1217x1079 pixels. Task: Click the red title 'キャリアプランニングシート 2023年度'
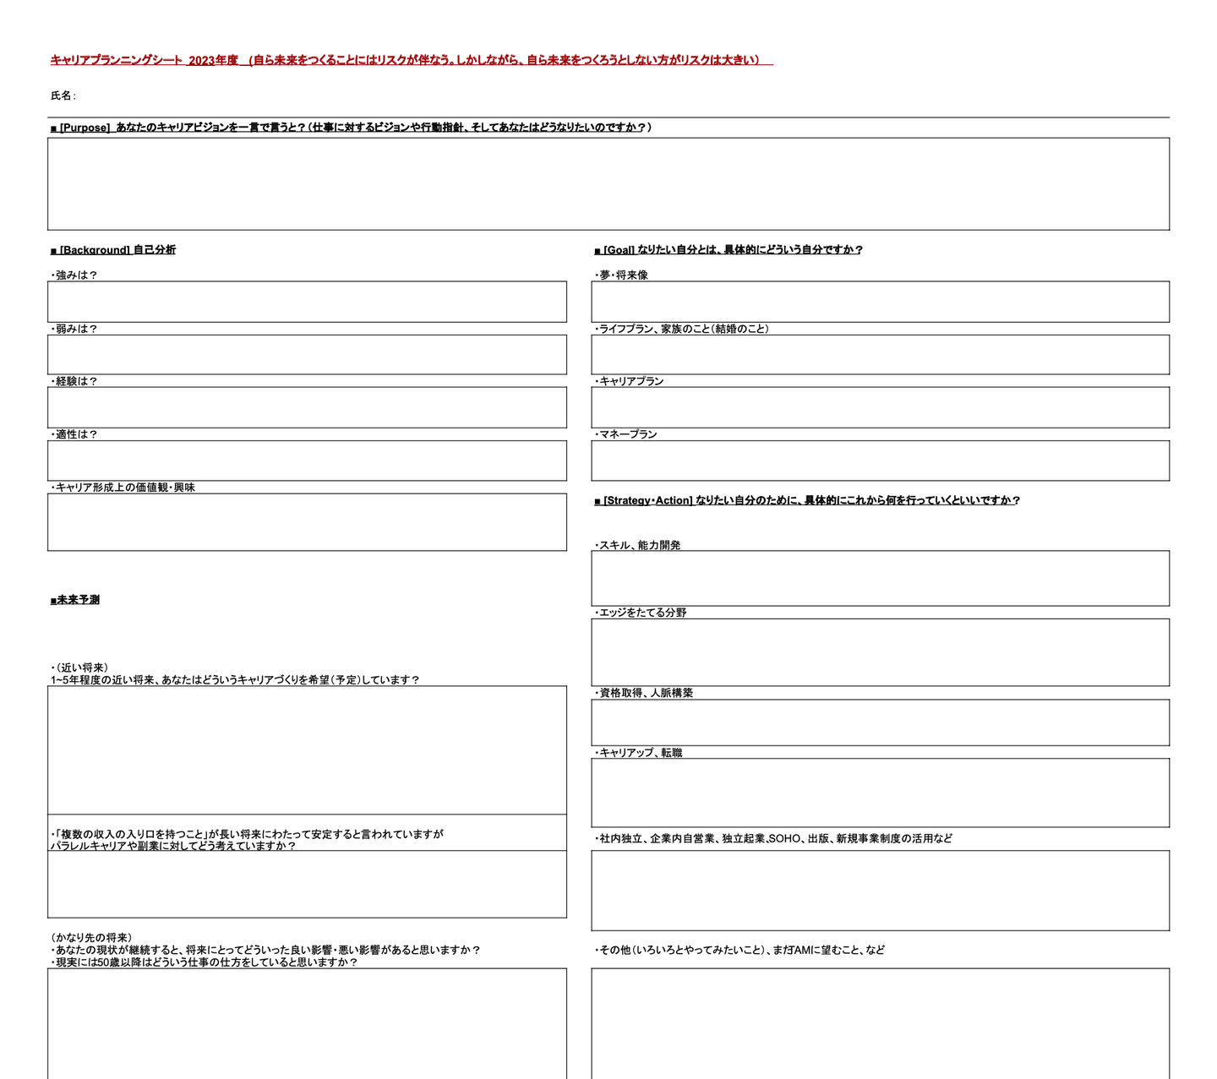[x=144, y=60]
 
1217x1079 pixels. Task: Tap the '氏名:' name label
[x=63, y=96]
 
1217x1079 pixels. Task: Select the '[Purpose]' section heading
[x=85, y=128]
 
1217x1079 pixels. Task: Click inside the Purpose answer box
[x=608, y=183]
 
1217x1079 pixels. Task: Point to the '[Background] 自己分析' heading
[x=113, y=250]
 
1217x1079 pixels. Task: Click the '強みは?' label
[x=74, y=275]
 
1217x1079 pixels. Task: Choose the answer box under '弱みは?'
[x=307, y=355]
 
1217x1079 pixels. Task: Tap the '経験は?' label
[x=74, y=381]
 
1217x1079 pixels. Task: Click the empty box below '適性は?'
[x=307, y=460]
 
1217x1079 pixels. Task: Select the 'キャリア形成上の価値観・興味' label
[x=123, y=488]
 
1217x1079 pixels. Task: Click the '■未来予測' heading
[x=75, y=600]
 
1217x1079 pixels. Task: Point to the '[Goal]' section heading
[x=619, y=250]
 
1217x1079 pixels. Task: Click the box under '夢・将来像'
[x=880, y=302]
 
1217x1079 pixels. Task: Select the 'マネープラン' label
[x=626, y=434]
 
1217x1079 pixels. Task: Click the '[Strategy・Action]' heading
[x=647, y=500]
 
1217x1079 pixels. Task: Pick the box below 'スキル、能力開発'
[x=880, y=578]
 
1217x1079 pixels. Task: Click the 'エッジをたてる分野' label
[x=641, y=613]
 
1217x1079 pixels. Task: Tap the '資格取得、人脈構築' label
[x=645, y=693]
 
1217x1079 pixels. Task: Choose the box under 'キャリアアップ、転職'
[x=880, y=793]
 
